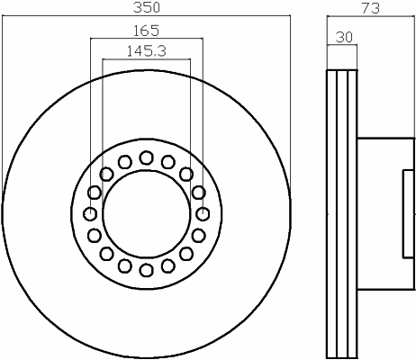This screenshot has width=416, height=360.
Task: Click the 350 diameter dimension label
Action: [147, 7]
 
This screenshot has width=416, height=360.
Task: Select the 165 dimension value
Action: [146, 31]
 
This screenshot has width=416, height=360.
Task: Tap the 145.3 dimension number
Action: [146, 51]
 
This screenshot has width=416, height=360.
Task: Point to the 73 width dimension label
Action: [371, 8]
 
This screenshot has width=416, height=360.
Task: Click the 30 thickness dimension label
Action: [344, 37]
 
